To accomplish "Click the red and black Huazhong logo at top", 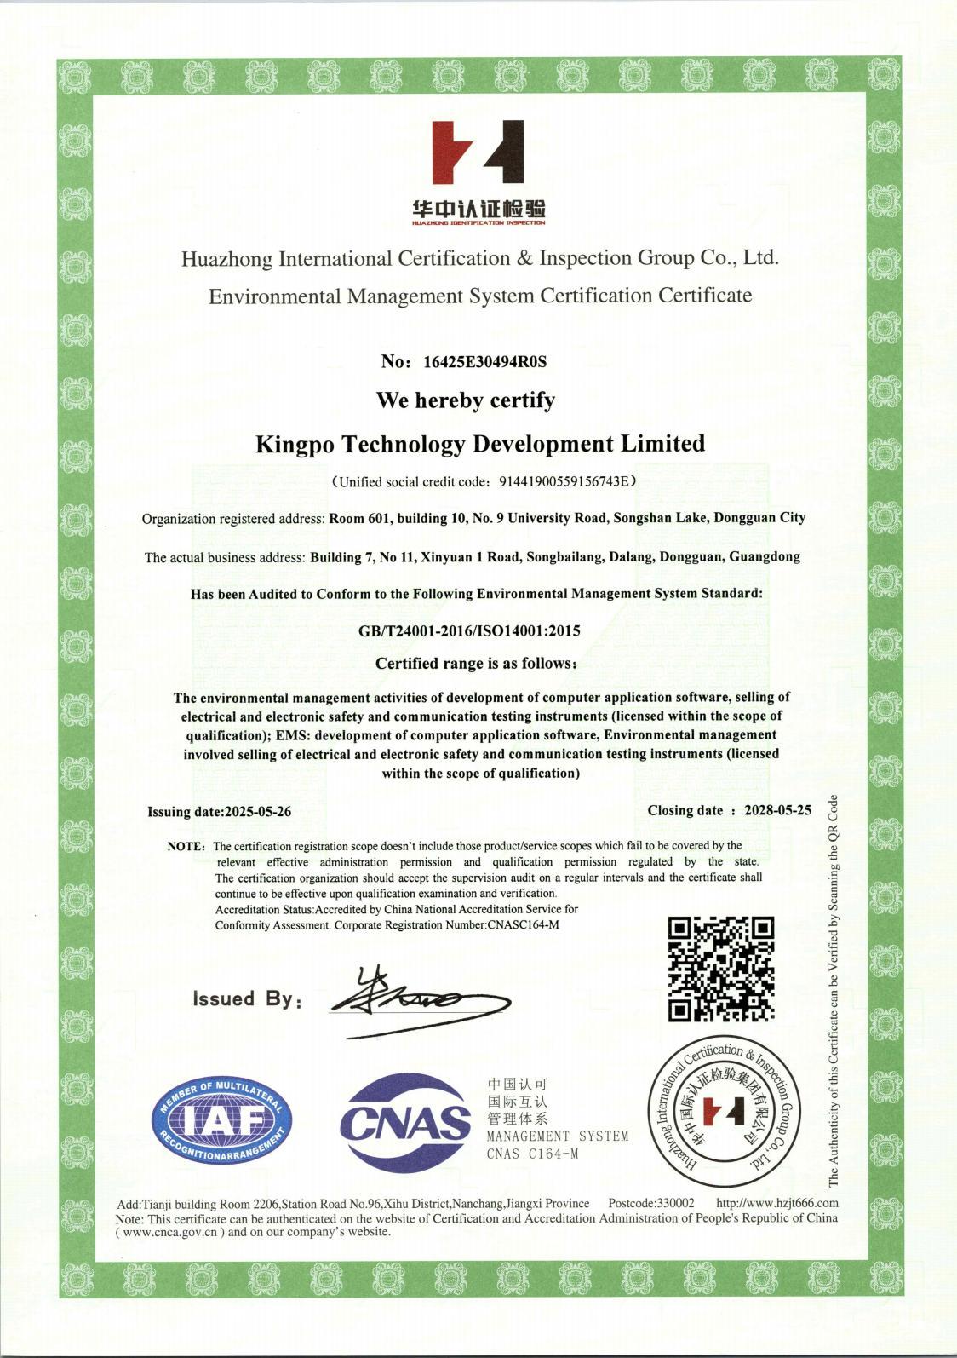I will coord(478,152).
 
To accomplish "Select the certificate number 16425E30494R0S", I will coord(484,362).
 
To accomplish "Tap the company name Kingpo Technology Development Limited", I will coord(480,444).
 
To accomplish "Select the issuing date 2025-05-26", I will coord(257,812).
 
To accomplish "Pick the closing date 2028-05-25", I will coord(777,810).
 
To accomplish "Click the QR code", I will coord(720,969).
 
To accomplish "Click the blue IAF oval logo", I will coord(221,1121).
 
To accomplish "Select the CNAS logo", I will coord(405,1122).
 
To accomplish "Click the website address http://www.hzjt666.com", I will coord(777,1203).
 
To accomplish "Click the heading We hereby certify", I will coord(466,400).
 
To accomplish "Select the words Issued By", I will coord(246,999).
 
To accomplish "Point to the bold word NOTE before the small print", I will coord(186,847).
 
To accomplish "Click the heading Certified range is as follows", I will coord(476,664).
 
